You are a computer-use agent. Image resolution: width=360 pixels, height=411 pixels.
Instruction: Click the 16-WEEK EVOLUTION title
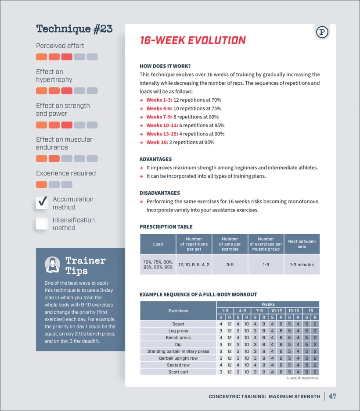pos(193,40)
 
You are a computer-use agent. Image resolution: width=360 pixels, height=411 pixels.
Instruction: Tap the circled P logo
pos(322,32)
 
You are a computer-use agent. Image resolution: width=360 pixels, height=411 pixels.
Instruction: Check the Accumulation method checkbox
pos(42,202)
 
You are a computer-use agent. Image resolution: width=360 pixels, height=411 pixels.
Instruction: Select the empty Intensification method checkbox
pos(42,224)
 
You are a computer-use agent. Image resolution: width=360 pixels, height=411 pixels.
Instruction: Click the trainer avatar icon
pos(53,264)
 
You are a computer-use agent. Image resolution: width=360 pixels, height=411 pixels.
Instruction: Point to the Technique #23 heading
pos(74,29)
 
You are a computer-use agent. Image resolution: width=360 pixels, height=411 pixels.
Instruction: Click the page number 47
pos(332,396)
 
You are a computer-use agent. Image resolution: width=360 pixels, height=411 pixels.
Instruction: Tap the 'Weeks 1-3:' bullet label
pos(159,100)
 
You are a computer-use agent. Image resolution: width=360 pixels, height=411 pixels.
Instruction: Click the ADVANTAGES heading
pos(155,159)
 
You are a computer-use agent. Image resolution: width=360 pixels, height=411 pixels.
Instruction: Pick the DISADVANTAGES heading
pos(160,193)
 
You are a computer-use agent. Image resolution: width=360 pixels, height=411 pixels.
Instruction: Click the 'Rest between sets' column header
pos(302,244)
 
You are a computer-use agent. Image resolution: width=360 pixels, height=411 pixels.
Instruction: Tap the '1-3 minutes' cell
pos(302,265)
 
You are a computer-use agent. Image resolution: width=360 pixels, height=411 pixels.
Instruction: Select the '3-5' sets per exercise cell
pos(230,265)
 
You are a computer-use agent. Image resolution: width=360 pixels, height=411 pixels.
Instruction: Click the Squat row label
pos(178,324)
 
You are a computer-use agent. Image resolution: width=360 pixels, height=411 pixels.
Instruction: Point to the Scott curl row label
pos(178,372)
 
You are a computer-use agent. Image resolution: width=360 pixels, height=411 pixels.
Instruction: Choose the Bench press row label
pos(178,338)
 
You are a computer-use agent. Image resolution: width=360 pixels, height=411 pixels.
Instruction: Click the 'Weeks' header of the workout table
pos(268,304)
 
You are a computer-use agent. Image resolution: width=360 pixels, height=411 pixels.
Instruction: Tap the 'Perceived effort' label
pos(60,46)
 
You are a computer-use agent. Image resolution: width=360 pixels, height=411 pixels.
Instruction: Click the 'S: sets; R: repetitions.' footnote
pos(302,378)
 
